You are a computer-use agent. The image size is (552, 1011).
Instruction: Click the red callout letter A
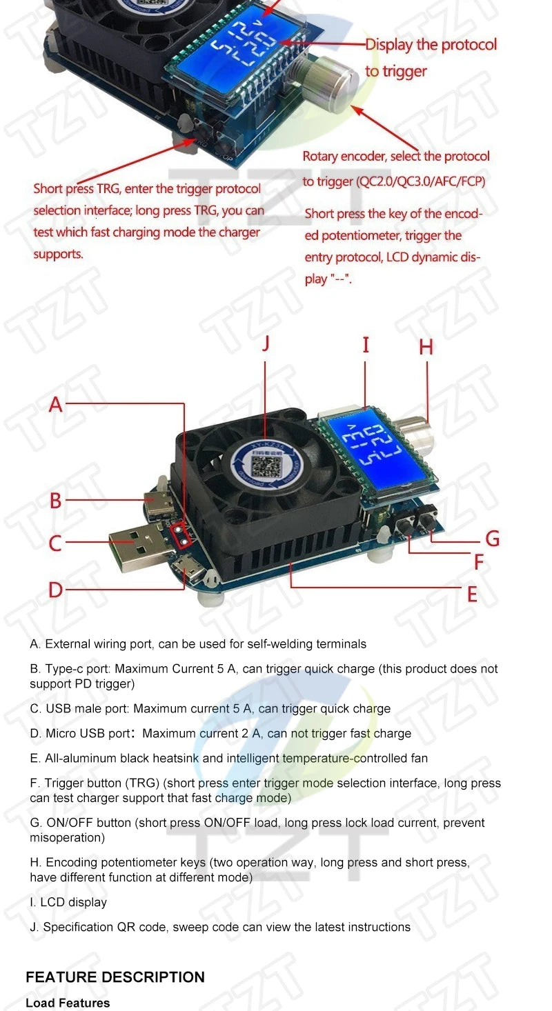[56, 404]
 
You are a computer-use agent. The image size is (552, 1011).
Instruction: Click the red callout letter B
[56, 501]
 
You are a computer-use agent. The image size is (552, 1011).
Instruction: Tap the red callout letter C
[56, 543]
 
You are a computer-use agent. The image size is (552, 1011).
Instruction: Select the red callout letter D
[56, 590]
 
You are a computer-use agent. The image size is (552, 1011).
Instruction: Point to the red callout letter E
[472, 594]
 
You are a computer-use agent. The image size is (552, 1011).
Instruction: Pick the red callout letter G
[492, 538]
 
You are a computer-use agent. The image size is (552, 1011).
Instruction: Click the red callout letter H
[426, 347]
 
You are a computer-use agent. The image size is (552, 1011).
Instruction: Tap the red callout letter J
[266, 343]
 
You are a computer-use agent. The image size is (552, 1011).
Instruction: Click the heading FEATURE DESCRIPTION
[115, 977]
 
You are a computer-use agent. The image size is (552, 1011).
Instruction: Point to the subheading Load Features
[68, 1003]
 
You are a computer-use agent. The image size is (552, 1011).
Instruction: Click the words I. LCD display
[68, 902]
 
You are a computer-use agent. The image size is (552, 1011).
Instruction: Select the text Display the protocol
[431, 45]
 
